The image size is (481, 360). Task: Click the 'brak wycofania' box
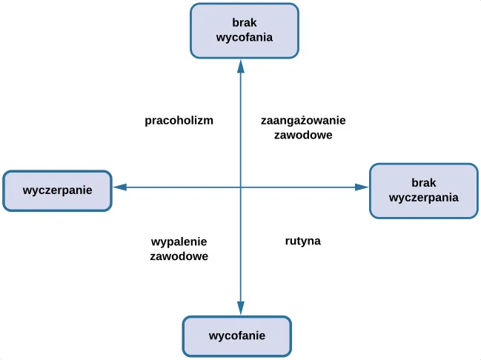click(245, 30)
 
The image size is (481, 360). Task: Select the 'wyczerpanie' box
click(57, 190)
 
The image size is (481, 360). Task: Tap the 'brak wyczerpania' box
click(423, 190)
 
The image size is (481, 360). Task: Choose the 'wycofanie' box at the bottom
click(237, 336)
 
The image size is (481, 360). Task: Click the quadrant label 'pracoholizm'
click(179, 120)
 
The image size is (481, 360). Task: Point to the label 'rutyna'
click(302, 241)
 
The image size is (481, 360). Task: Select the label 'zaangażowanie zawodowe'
click(302, 127)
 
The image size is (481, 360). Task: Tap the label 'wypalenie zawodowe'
click(179, 249)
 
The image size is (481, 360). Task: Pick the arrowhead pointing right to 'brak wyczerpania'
click(362, 188)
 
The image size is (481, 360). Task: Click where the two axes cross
click(240, 188)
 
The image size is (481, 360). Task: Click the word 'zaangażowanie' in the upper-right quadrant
click(303, 120)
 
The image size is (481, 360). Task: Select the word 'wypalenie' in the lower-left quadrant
click(179, 241)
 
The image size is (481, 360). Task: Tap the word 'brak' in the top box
click(245, 23)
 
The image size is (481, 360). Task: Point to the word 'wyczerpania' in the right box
click(423, 198)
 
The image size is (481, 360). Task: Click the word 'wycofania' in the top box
click(245, 38)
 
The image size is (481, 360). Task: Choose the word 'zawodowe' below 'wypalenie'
click(179, 257)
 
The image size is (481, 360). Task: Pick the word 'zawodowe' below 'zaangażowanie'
click(302, 136)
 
